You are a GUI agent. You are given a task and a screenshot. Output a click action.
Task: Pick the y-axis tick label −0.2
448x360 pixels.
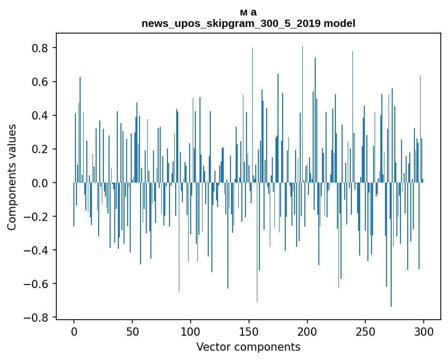[38, 217]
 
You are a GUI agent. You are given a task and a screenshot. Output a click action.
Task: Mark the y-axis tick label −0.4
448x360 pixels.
[38, 250]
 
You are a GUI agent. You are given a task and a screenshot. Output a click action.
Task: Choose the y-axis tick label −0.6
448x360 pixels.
[38, 284]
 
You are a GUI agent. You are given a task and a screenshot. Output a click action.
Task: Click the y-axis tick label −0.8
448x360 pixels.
[38, 318]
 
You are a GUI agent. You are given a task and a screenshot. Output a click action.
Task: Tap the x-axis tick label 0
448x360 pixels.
[74, 331]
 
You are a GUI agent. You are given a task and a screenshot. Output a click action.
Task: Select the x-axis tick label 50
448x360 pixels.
[132, 331]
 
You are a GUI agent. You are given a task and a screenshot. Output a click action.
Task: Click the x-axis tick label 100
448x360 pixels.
[191, 331]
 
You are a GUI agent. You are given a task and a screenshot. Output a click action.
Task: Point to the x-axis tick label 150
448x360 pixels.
[249, 331]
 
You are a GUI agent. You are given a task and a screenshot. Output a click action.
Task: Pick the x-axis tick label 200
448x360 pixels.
[307, 331]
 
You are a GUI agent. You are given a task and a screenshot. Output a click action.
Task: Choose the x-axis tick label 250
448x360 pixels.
[366, 331]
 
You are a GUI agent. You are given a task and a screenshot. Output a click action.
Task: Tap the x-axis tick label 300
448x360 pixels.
[424, 331]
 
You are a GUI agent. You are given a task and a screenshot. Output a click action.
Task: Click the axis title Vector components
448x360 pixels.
[248, 347]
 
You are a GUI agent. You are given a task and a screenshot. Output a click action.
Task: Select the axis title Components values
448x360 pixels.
[12, 177]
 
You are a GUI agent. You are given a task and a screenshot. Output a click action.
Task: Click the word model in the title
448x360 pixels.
[339, 23]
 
